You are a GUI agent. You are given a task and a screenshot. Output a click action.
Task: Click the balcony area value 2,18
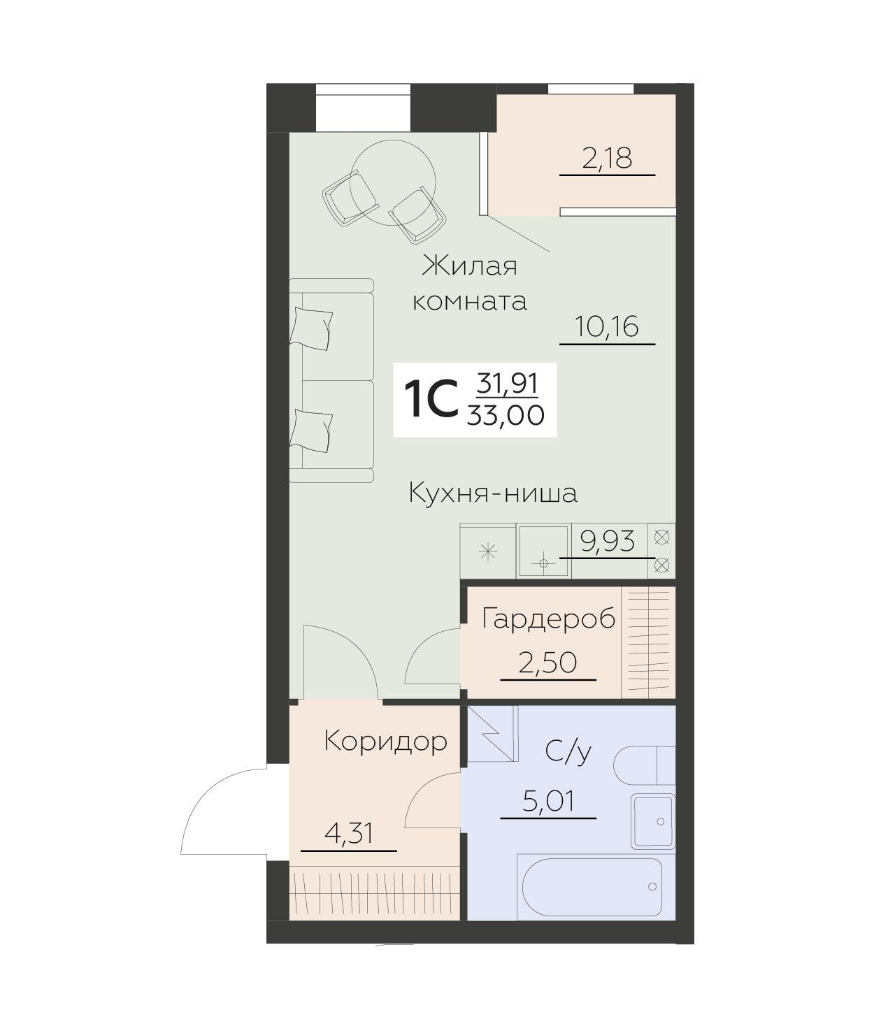[607, 159]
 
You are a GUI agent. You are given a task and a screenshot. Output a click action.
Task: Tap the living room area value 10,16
[607, 326]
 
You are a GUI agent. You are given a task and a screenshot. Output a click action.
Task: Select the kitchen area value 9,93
[608, 541]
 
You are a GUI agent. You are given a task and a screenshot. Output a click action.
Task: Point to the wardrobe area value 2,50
[548, 662]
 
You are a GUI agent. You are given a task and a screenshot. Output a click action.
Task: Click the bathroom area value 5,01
[548, 801]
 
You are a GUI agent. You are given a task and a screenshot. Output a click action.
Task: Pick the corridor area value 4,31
[348, 833]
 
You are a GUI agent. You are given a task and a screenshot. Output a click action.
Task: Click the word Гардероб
[549, 619]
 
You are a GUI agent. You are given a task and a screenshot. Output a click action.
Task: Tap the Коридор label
[385, 741]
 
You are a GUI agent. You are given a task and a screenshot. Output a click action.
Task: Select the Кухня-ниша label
[493, 493]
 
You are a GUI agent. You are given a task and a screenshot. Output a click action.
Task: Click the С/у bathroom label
[568, 752]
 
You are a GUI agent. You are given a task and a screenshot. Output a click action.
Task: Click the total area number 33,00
[508, 416]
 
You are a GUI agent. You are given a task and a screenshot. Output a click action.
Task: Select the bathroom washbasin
[653, 821]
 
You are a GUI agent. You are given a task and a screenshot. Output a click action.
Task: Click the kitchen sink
[543, 551]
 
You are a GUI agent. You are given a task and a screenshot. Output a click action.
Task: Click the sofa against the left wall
[332, 381]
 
